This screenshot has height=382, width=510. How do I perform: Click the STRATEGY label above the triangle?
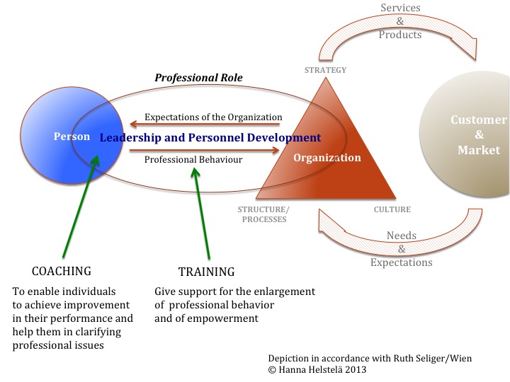coord(325,70)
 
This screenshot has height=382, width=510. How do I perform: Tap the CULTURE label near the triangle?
coord(392,209)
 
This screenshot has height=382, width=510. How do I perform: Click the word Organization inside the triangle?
coord(327,158)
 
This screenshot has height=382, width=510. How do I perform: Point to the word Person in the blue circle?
coord(72,137)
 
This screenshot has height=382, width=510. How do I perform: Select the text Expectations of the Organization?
coord(213,117)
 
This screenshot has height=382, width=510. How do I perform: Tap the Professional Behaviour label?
coord(193,159)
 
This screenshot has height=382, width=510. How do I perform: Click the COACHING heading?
coord(62,271)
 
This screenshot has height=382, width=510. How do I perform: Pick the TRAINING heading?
coord(206,271)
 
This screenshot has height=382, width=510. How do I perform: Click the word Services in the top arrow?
coord(400,8)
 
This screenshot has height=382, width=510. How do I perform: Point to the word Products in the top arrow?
coord(400,35)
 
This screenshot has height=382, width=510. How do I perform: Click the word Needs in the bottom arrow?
coord(401,236)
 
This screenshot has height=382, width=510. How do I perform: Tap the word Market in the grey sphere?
coord(479,149)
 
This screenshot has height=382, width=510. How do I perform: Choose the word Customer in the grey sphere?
coord(480,120)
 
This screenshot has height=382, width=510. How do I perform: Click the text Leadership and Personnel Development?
coord(210,137)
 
